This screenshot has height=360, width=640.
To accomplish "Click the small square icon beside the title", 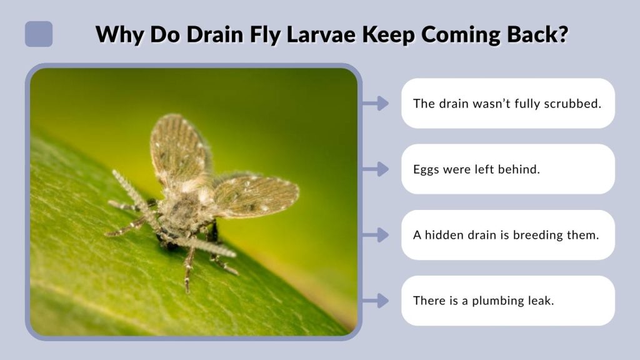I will (39, 34).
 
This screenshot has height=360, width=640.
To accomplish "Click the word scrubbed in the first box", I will (572, 103).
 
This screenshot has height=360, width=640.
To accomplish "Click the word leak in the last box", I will (541, 301).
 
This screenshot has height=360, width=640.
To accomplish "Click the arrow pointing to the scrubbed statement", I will (376, 103).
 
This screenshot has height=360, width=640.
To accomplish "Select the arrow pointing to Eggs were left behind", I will (376, 169).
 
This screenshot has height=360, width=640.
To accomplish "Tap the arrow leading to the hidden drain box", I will (376, 235).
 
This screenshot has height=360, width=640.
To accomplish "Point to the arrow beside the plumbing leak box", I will (376, 301).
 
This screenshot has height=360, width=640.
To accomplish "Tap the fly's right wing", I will (256, 195).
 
